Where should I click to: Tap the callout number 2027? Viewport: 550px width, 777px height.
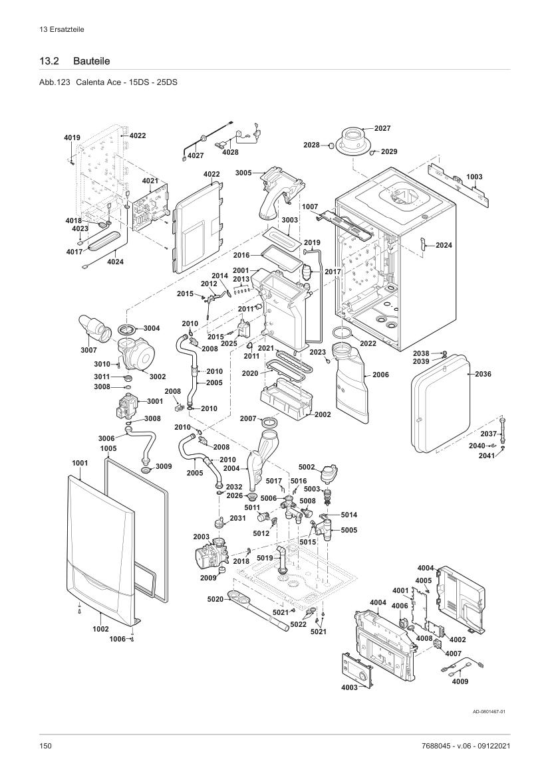tap(382, 128)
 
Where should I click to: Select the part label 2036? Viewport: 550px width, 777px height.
tap(483, 374)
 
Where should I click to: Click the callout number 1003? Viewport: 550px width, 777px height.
tap(474, 177)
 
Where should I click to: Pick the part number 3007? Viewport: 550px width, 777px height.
tap(89, 350)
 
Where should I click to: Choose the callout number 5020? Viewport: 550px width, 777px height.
tap(215, 599)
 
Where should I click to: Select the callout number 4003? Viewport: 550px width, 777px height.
tap(349, 687)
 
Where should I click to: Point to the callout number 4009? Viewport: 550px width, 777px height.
tap(460, 681)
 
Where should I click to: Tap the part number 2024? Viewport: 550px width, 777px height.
tap(444, 245)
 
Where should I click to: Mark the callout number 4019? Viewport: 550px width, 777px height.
tap(72, 138)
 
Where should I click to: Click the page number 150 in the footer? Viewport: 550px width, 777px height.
tap(46, 746)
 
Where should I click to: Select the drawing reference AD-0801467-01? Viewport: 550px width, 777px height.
tap(489, 711)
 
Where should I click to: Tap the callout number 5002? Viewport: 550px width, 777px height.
tap(307, 467)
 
